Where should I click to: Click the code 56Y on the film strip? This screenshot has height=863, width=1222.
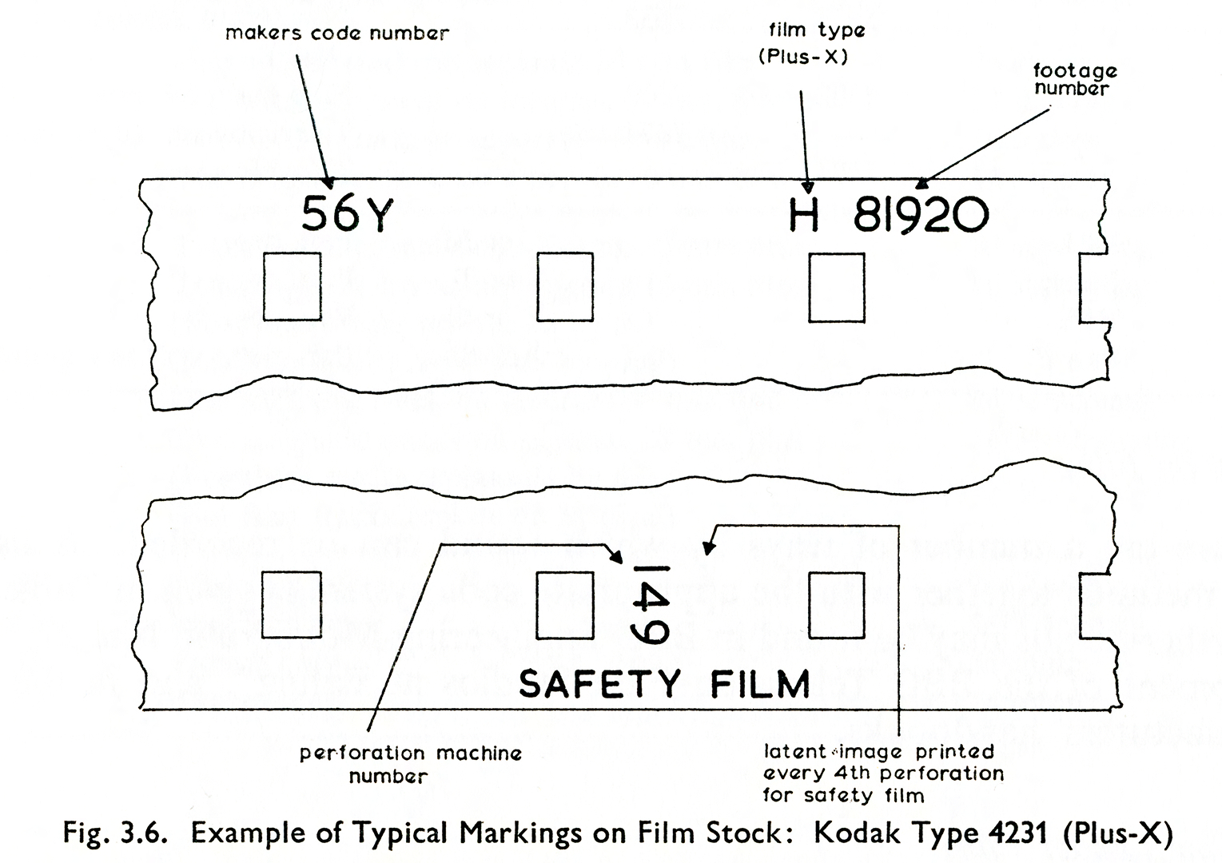point(347,214)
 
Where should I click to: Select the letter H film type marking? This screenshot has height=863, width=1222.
point(804,214)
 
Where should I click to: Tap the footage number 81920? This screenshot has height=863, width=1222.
point(921,215)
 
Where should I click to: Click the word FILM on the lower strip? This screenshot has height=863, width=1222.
point(760,684)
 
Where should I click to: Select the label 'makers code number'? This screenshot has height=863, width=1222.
point(337,34)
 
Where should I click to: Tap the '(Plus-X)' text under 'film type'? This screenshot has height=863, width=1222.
point(803,57)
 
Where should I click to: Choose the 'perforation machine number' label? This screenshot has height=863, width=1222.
point(410,764)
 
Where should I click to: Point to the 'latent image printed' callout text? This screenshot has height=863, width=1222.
point(879,752)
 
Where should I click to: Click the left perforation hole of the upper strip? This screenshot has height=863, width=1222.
point(292,286)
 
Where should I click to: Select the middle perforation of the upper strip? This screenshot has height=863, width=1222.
point(564,286)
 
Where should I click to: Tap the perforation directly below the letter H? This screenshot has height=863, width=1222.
point(836,287)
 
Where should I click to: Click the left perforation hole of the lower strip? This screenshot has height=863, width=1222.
point(292,604)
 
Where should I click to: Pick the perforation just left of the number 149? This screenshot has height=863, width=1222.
point(564,605)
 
